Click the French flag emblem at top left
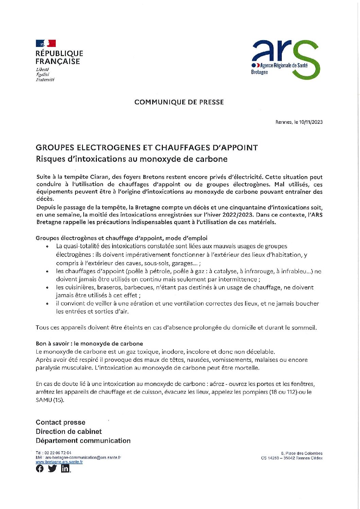(46, 44)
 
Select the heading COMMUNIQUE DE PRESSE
(179, 102)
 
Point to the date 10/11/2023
(311, 122)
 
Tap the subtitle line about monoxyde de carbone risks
(132, 159)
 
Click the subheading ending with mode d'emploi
(121, 238)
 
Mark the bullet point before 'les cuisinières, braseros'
(47, 288)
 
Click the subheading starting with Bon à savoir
(89, 343)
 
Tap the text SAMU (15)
(50, 400)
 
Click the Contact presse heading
(61, 422)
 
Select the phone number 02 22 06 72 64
(57, 453)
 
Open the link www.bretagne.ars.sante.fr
(59, 462)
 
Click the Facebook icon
(40, 469)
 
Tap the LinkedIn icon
(65, 469)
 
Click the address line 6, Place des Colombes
(302, 453)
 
